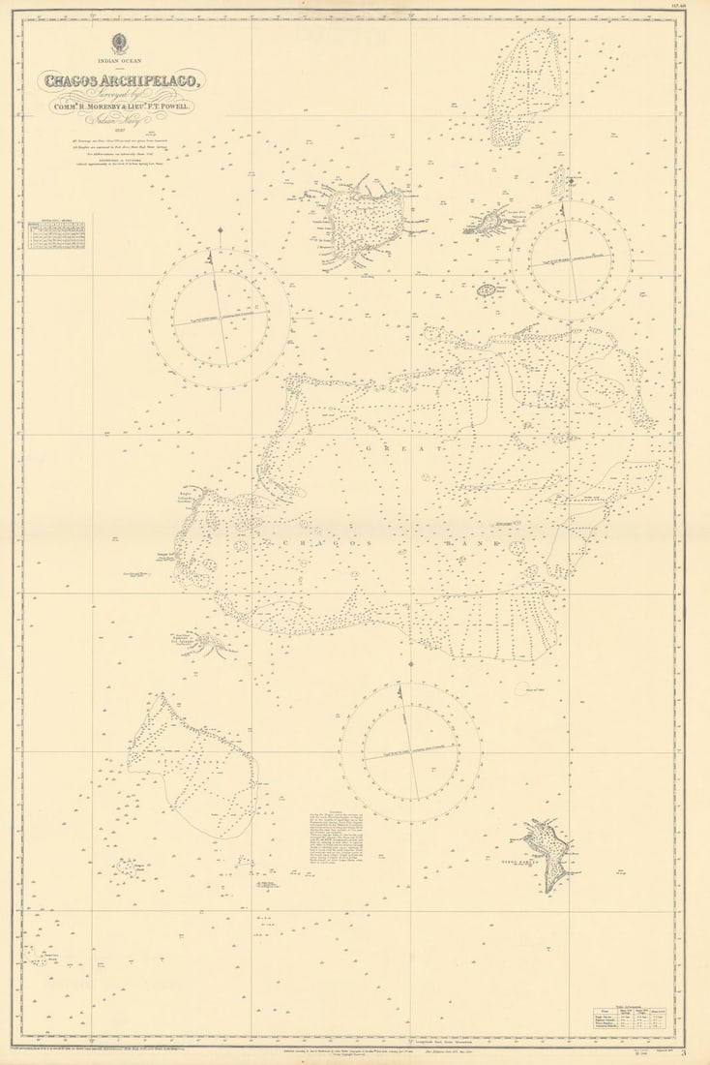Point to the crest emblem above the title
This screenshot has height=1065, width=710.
click(120, 43)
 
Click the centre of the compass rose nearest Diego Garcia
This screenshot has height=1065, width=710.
click(410, 752)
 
